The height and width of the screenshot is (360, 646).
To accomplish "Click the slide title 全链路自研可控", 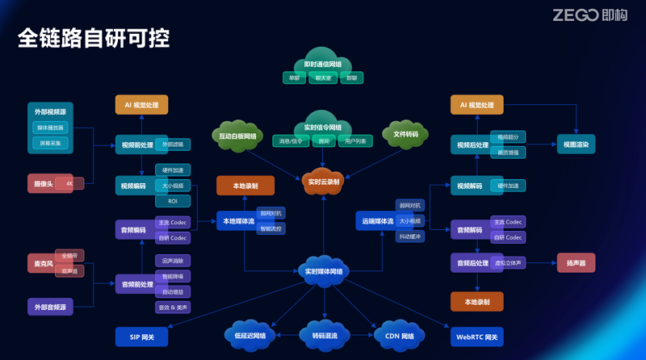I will click(x=94, y=39).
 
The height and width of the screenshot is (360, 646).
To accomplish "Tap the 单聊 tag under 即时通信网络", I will click(x=292, y=78).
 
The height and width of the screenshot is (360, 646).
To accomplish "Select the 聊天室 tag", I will click(x=323, y=78).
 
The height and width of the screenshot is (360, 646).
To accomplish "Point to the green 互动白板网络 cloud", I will click(x=237, y=136).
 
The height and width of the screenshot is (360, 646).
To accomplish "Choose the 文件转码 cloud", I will click(x=405, y=134).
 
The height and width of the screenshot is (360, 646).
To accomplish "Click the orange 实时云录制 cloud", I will click(x=323, y=182).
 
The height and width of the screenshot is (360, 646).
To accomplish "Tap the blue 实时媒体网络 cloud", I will click(x=323, y=271).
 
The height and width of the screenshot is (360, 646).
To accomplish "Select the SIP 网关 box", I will click(x=141, y=336).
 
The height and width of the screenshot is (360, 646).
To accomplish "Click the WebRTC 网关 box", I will click(x=477, y=336).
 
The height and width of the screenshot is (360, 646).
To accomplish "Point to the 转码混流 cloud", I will click(x=324, y=336).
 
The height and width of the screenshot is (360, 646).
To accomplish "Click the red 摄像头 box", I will click(x=45, y=183).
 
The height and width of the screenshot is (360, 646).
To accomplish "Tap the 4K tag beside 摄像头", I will click(x=70, y=183).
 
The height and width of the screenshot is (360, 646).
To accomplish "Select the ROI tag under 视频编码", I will click(x=173, y=201).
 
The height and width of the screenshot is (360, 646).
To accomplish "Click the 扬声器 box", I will click(x=576, y=262).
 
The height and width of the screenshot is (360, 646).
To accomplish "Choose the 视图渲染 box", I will click(x=576, y=144).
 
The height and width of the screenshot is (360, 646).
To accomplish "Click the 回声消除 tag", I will click(x=173, y=261).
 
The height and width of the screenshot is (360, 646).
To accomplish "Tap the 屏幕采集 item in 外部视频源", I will click(x=50, y=143).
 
